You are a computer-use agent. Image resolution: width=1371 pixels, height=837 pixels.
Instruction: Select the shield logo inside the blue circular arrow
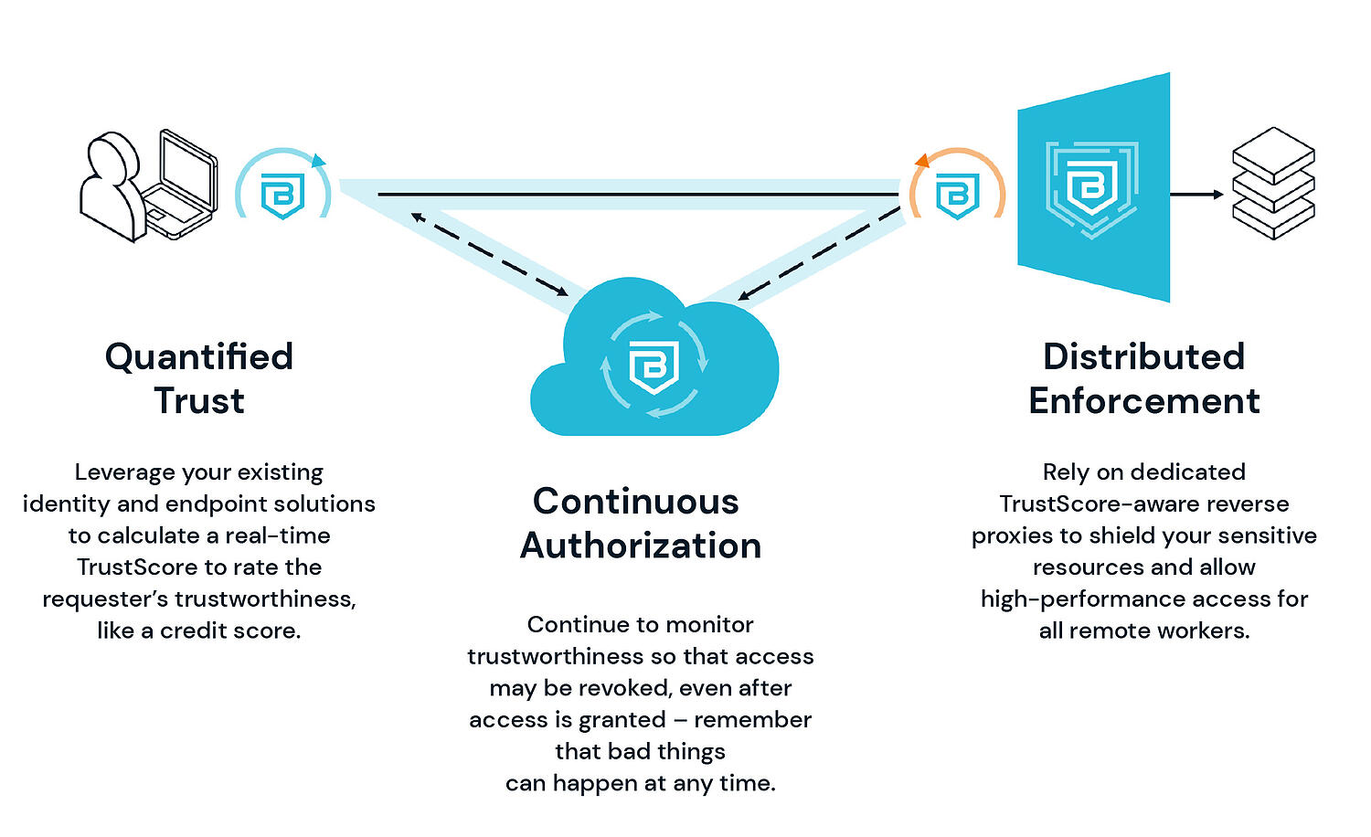[x=282, y=195]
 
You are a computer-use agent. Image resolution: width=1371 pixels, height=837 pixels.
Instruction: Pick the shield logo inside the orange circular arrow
[x=957, y=195]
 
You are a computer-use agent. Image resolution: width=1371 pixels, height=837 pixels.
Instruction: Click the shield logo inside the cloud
[x=654, y=366]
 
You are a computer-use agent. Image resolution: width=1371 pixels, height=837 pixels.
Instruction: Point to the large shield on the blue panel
[x=1091, y=187]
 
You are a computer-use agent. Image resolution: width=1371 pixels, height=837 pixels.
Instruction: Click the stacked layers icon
[x=1273, y=183]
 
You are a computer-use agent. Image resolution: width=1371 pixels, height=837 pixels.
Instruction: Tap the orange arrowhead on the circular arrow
[x=921, y=162]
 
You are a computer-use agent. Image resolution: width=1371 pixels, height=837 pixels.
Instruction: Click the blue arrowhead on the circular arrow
[x=318, y=162]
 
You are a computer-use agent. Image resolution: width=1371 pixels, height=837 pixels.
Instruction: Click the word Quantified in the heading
[x=199, y=356]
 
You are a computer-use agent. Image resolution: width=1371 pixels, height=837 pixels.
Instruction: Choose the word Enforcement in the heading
[x=1143, y=401]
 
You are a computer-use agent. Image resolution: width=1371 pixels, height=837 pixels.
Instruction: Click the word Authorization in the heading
[x=641, y=546]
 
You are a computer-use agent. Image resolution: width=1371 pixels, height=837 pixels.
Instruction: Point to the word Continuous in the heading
[x=636, y=501]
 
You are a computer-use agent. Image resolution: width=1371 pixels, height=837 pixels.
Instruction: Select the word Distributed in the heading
[x=1143, y=356]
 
